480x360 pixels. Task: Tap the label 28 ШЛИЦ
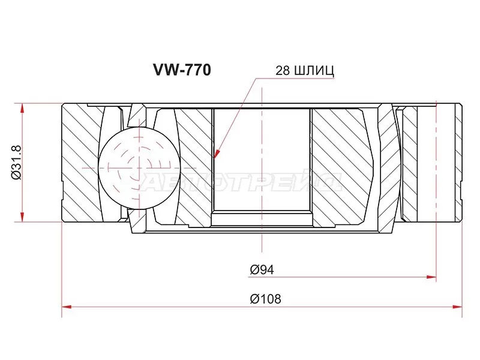[x=304, y=70]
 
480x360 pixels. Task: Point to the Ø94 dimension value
[x=262, y=270]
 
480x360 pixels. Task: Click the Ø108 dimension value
[x=266, y=298]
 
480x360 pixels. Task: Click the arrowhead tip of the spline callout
[x=214, y=158]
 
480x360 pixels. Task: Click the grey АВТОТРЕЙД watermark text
[x=240, y=180]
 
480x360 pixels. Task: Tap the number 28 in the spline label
[x=282, y=70]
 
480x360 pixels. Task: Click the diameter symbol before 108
[x=255, y=298]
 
